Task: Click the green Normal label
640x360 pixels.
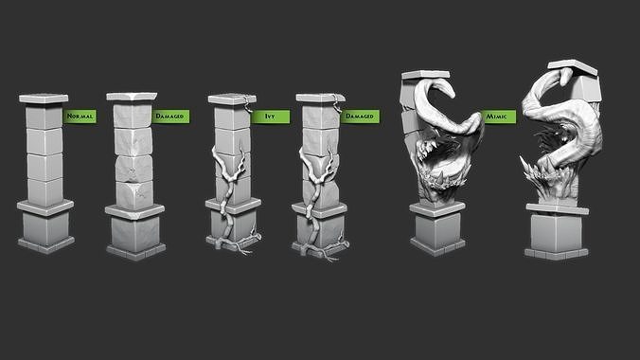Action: pyautogui.click(x=80, y=116)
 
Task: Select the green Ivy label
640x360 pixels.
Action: pyautogui.click(x=265, y=116)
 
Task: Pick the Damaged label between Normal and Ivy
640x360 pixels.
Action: pyautogui.click(x=169, y=116)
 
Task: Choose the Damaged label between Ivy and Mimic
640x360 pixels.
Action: pyautogui.click(x=359, y=116)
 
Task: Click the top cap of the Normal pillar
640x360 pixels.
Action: pyautogui.click(x=44, y=99)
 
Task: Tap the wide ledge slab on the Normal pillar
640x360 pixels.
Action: pyautogui.click(x=44, y=205)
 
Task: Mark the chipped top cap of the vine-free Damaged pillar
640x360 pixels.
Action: pyautogui.click(x=131, y=98)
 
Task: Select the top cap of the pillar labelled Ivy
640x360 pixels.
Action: pyautogui.click(x=231, y=99)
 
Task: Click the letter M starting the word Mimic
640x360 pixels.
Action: pyautogui.click(x=488, y=116)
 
